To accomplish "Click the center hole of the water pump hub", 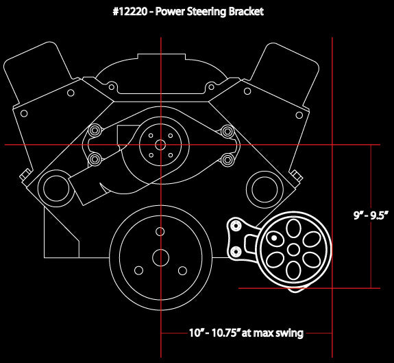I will (160, 145).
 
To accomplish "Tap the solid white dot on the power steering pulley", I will (274, 238).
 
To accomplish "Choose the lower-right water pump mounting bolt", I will (227, 160).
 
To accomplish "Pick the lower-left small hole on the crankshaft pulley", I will (138, 271).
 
